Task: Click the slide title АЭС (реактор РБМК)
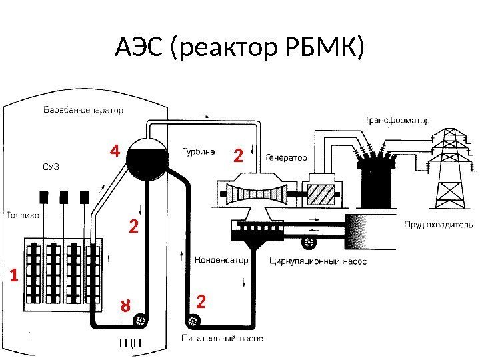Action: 240,47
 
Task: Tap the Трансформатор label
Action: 397,121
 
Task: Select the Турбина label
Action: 199,151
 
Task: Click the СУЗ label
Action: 51,167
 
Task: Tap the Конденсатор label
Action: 221,259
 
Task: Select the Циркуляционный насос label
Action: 318,261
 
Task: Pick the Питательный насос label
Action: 222,338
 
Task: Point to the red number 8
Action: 124,307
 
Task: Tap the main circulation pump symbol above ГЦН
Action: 141,322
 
